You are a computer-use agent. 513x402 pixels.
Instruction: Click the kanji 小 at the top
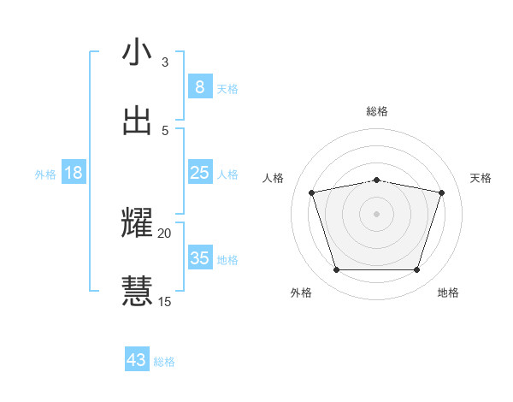pyautogui.click(x=138, y=52)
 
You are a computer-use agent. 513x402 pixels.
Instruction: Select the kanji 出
pyautogui.click(x=138, y=120)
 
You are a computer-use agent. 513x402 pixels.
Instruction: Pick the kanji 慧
pyautogui.click(x=138, y=290)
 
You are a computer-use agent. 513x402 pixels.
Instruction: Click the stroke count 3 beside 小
pyautogui.click(x=165, y=62)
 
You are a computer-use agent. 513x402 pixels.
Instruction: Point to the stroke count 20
pyautogui.click(x=165, y=233)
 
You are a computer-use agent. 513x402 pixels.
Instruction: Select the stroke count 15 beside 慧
pyautogui.click(x=165, y=301)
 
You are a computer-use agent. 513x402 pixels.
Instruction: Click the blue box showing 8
pyautogui.click(x=200, y=87)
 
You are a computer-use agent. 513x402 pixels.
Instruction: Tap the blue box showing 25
pyautogui.click(x=200, y=173)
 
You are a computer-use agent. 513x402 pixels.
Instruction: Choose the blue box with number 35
pyautogui.click(x=200, y=258)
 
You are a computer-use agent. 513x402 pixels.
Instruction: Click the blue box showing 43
pyautogui.click(x=137, y=360)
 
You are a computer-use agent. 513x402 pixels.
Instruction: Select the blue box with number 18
pyautogui.click(x=74, y=173)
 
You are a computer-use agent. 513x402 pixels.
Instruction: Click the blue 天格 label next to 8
pyautogui.click(x=227, y=88)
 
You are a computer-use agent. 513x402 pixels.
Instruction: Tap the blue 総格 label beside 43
pyautogui.click(x=164, y=362)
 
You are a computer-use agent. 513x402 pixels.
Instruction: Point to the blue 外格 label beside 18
pyautogui.click(x=45, y=174)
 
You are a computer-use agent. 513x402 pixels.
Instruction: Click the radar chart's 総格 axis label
pyautogui.click(x=377, y=111)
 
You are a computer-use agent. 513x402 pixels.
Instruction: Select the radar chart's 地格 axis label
pyautogui.click(x=448, y=293)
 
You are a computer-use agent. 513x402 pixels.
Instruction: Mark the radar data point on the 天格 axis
pyautogui.click(x=442, y=192)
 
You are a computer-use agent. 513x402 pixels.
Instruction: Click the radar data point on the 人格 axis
pyautogui.click(x=311, y=192)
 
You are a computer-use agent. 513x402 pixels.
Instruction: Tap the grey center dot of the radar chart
pyautogui.click(x=377, y=214)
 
